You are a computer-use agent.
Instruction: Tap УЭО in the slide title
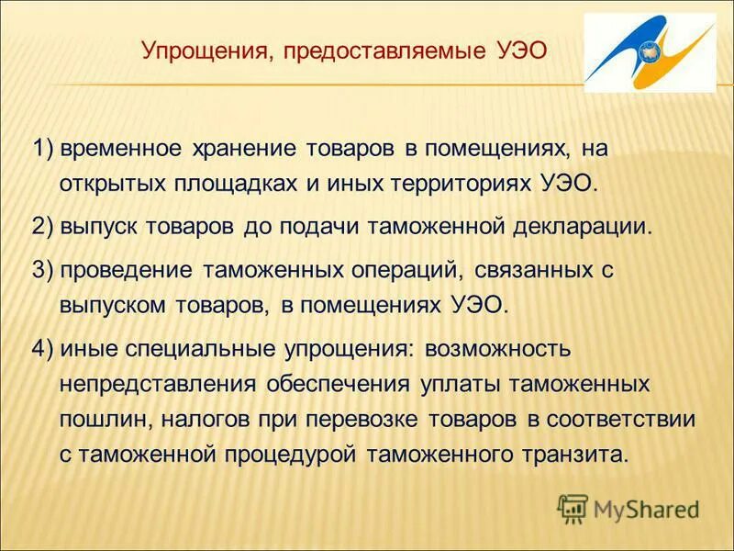tap(518, 51)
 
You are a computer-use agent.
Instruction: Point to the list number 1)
tap(44, 149)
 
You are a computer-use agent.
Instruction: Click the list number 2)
tap(44, 227)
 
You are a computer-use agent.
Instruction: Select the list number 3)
tap(44, 271)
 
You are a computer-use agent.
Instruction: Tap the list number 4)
tap(44, 349)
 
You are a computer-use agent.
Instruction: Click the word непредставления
tap(157, 384)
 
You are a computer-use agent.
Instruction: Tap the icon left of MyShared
tap(573, 507)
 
